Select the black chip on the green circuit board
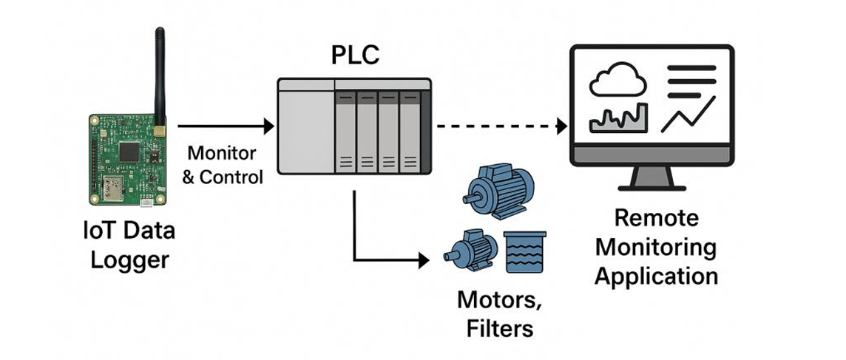click(x=129, y=151)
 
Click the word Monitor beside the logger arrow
click(x=221, y=154)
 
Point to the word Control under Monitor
click(x=231, y=177)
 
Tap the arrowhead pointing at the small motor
click(x=424, y=260)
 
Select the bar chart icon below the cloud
click(x=618, y=118)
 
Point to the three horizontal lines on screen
click(x=691, y=77)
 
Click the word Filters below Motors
click(x=500, y=327)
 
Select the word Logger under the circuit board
click(x=129, y=259)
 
